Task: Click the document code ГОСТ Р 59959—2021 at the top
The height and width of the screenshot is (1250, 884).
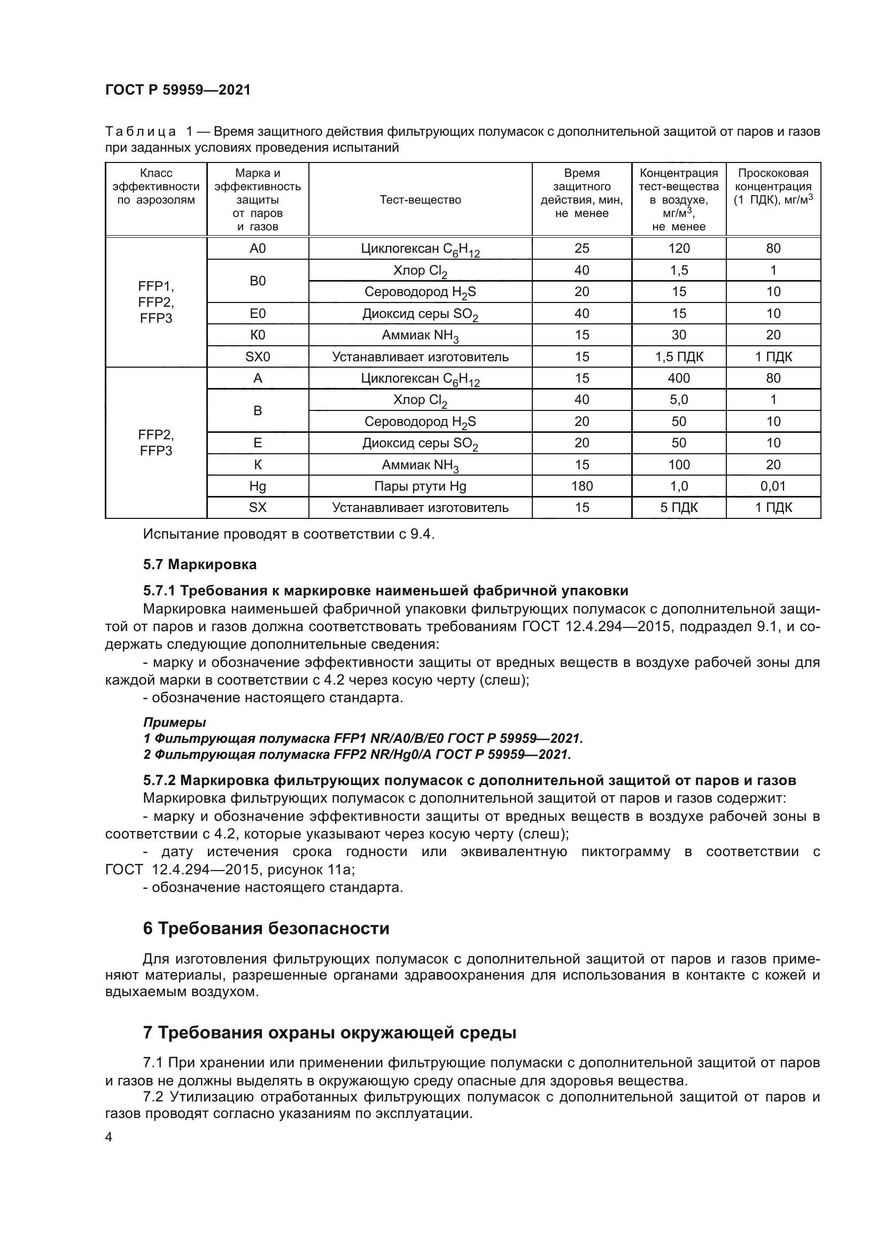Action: point(178,90)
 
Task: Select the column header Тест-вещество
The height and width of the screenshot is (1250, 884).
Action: point(420,200)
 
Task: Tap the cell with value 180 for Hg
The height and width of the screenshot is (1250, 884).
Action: point(581,486)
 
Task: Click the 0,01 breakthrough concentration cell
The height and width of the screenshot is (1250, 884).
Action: point(773,486)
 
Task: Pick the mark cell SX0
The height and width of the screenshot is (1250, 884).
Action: point(258,357)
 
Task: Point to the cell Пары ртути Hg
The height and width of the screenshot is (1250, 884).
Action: point(420,486)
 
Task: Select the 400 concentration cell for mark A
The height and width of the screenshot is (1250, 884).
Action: point(679,378)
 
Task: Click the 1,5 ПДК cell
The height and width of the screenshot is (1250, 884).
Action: point(679,357)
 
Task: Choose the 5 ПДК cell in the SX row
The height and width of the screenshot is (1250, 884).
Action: point(679,508)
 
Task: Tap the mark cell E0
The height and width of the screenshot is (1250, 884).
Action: point(258,314)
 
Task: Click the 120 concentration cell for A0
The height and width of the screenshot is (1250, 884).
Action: point(679,249)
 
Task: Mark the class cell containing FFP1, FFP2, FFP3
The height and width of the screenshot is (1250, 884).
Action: point(156,302)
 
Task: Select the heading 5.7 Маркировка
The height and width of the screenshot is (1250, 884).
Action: point(200,564)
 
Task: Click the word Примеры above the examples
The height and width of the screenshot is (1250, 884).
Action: point(174,723)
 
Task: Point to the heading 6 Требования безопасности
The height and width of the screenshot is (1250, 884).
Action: point(266,928)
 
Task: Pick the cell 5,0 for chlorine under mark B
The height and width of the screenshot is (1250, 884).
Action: point(679,400)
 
